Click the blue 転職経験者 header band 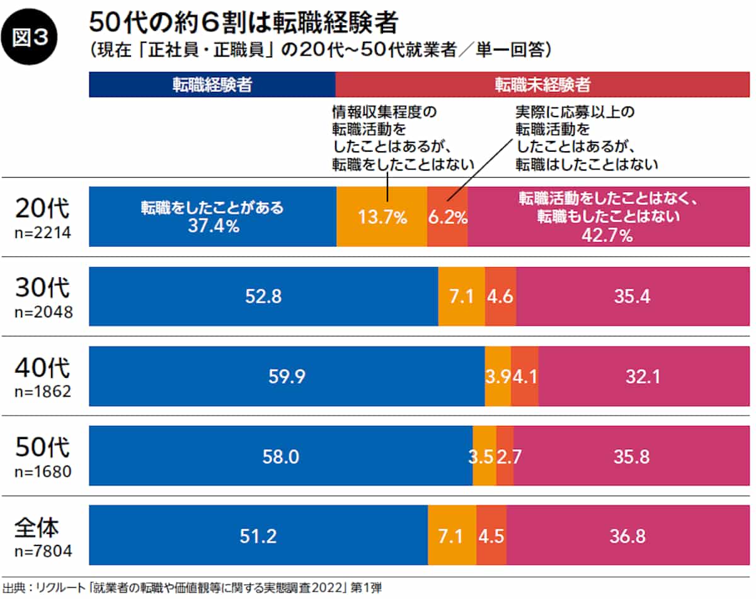coord(212,85)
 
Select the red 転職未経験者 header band coord(542,85)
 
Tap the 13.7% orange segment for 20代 coord(382,217)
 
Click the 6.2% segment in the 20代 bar coord(447,217)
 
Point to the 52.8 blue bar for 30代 coord(263,296)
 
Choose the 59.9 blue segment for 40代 coord(287,376)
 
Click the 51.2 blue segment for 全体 coord(258,535)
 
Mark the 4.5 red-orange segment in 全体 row coord(491,535)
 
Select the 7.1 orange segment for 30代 coord(462,296)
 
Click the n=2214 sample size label coord(42,232)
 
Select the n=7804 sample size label coord(42,552)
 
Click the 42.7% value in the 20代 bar coord(609,236)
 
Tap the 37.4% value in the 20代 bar coord(213,226)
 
